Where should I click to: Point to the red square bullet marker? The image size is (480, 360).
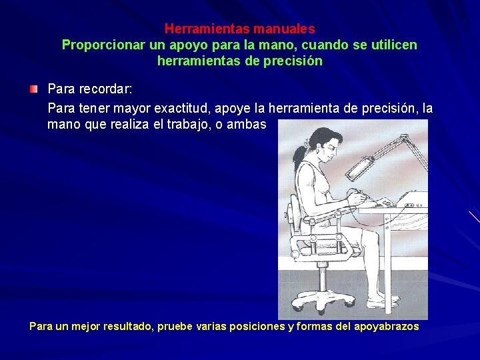click(x=33, y=89)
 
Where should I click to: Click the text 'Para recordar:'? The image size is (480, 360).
click(x=90, y=89)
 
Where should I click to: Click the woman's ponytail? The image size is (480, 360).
click(x=307, y=143)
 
